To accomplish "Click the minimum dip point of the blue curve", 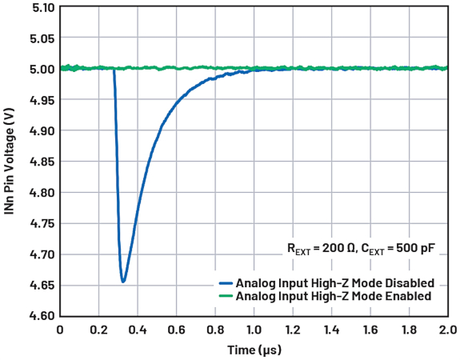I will (123, 281).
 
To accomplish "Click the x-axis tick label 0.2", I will (99, 330).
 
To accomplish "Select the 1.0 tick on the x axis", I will (254, 330).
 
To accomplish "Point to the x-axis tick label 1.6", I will (371, 330).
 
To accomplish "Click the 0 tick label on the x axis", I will (60, 330).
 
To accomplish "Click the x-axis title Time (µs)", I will (254, 350).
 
